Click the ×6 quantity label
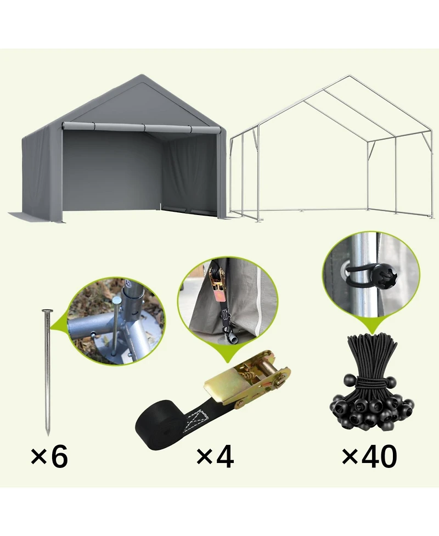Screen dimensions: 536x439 point(49,456)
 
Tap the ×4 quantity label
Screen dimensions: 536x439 point(215,456)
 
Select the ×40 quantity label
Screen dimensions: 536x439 point(369,456)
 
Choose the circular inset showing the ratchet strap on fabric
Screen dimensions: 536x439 point(228,305)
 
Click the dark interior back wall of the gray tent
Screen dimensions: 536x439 point(110,170)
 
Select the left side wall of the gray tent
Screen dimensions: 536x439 point(38,170)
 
